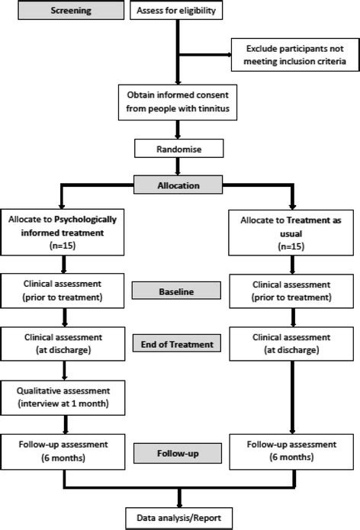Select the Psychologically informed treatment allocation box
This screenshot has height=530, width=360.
tap(61, 233)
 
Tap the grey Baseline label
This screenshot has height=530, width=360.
tap(176, 291)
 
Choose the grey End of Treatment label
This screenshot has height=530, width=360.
tap(176, 345)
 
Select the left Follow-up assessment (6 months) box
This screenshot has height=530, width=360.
tap(61, 450)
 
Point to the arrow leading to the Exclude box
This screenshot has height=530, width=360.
tap(206, 54)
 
